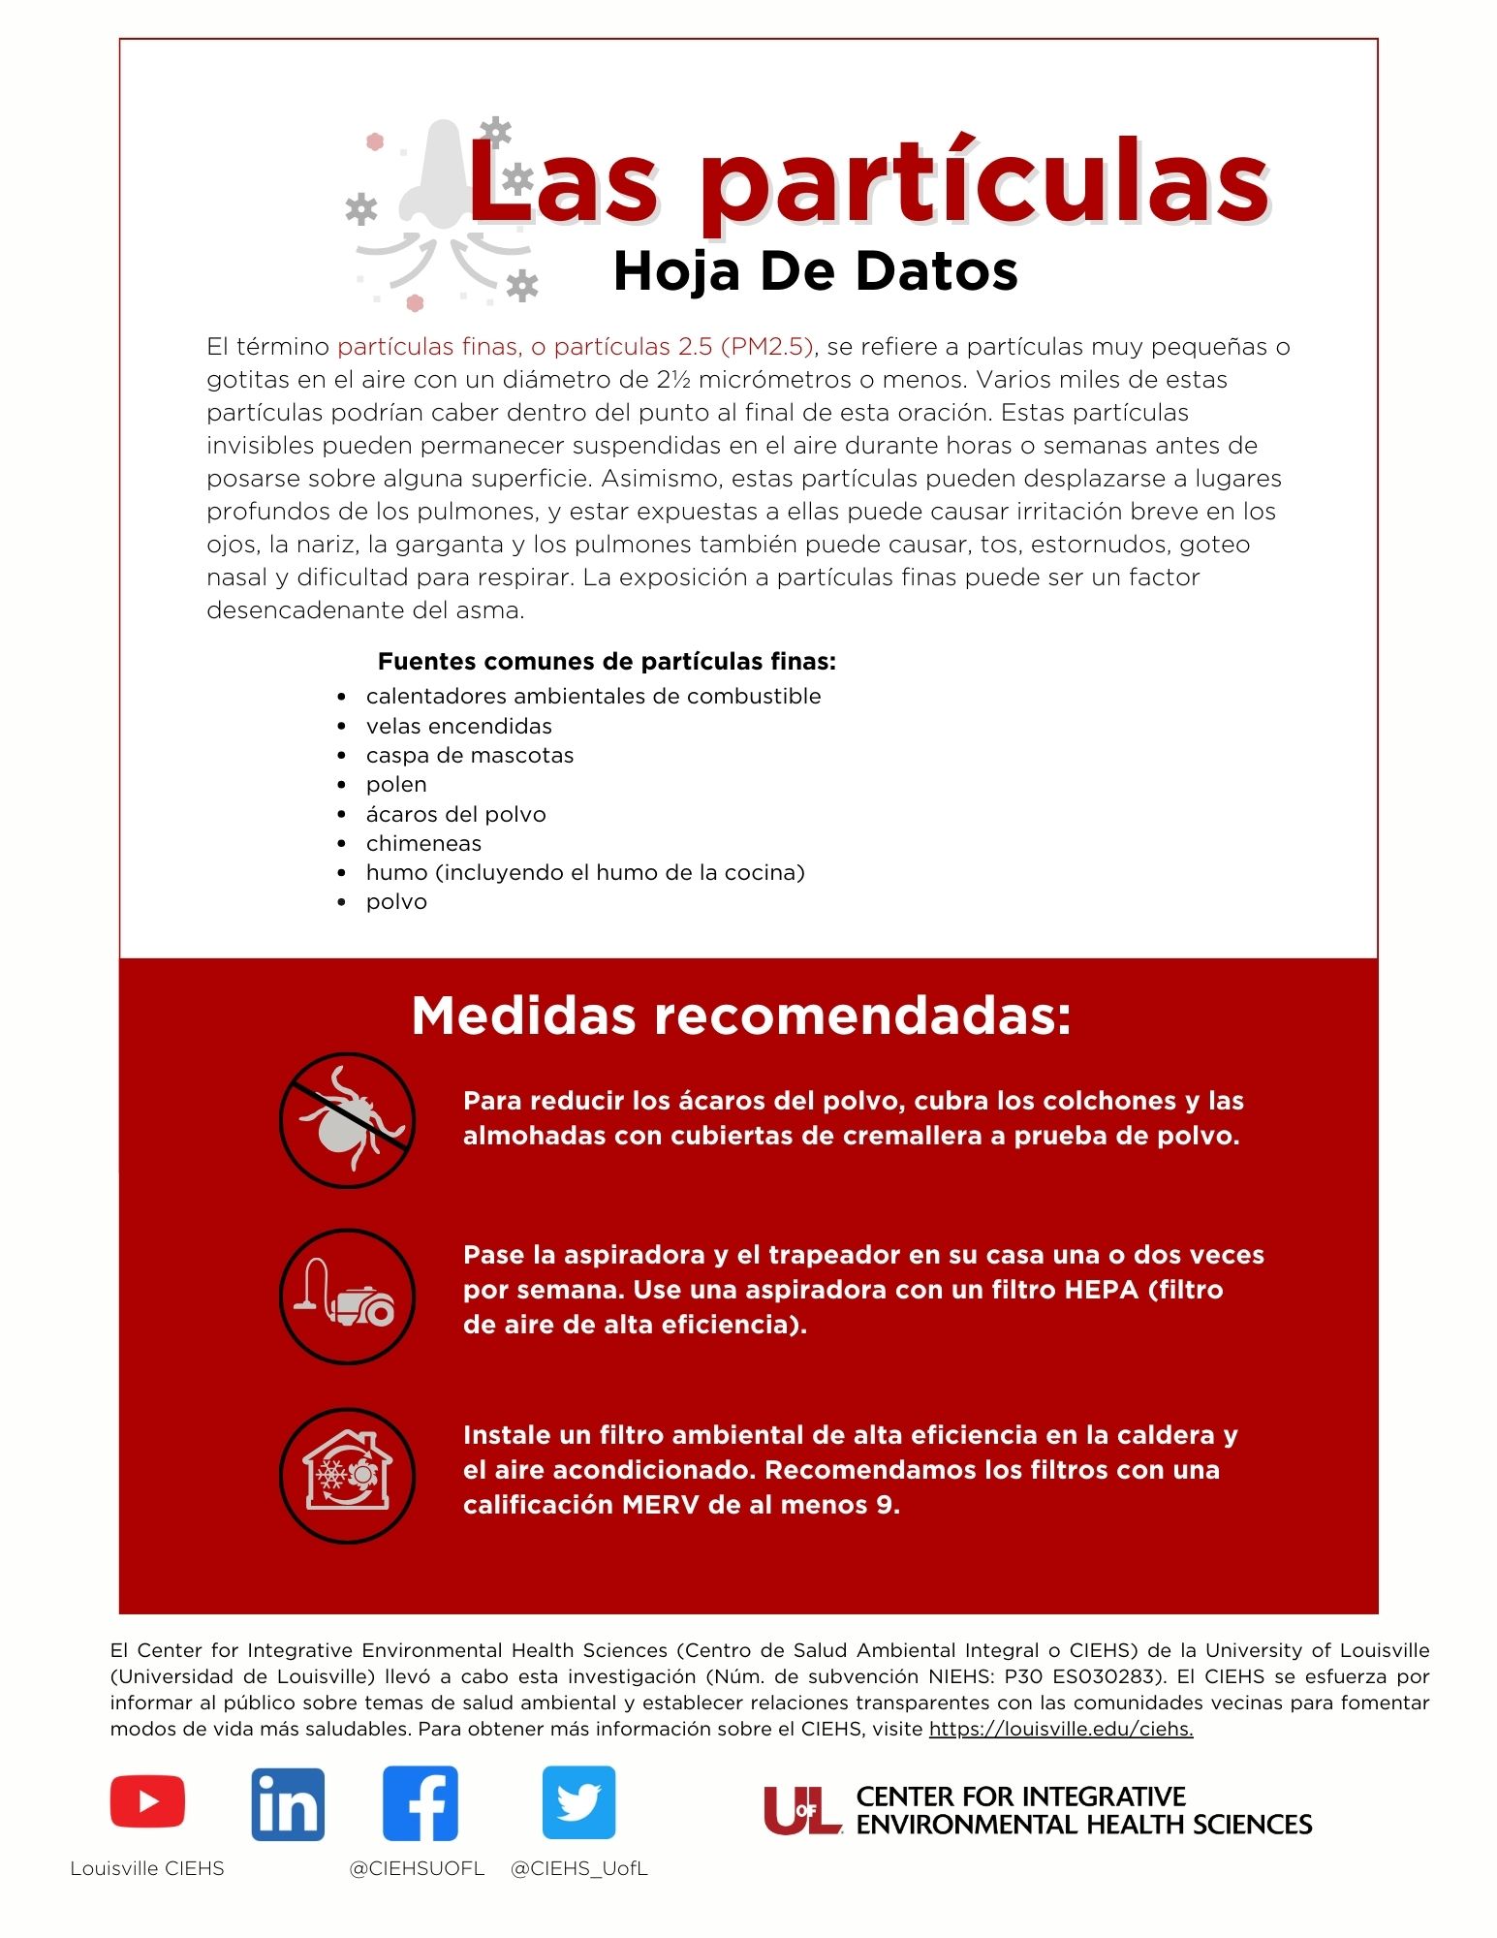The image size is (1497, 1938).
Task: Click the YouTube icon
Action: coord(147,1801)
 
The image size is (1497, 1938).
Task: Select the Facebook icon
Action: coord(421,1803)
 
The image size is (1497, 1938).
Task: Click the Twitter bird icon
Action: coord(578,1802)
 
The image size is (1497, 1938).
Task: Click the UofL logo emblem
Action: coord(801,1810)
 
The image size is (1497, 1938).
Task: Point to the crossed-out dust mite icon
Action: coord(347,1120)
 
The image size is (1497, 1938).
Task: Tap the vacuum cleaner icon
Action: coord(347,1297)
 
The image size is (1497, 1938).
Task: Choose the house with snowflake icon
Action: coord(347,1475)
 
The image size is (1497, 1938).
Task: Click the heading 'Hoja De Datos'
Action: coord(816,271)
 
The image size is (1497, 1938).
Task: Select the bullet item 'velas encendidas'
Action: coord(458,726)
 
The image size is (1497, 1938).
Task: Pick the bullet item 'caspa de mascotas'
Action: coord(469,755)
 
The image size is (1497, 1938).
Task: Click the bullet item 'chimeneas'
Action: coord(423,843)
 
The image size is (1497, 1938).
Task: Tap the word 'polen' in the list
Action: coord(396,784)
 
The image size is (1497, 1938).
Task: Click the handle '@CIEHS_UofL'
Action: coord(578,1868)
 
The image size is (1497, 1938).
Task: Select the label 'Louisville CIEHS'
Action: coord(147,1868)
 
